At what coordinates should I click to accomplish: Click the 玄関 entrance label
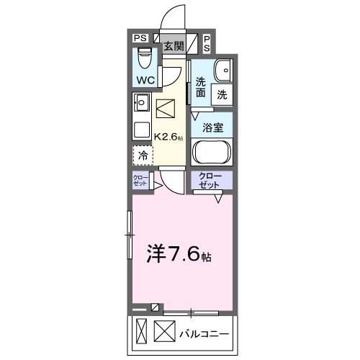coord(172,45)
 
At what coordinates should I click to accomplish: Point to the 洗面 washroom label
coord(200,87)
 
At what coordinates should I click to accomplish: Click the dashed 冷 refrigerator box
coord(143,155)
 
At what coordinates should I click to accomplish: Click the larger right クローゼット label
coord(210,180)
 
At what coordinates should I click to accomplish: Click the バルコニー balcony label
coord(204,334)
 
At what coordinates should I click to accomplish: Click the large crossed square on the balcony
coord(165,333)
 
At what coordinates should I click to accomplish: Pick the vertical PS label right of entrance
coord(207,43)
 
